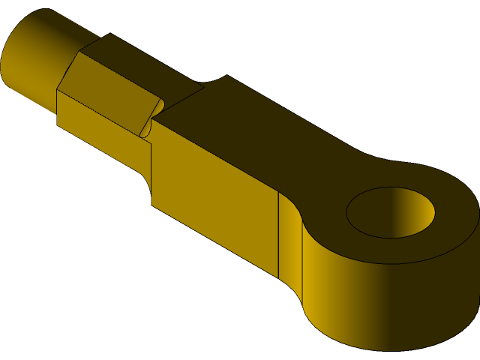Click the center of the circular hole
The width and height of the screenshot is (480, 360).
pos(390,212)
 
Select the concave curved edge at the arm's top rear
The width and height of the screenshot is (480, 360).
pos(214,80)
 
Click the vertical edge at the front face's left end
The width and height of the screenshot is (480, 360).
pos(151,172)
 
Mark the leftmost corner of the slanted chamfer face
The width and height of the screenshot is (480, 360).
pos(58,90)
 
